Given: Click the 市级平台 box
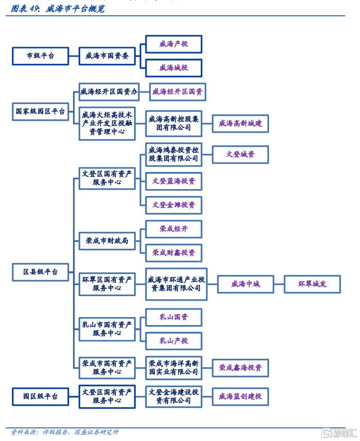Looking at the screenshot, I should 41,56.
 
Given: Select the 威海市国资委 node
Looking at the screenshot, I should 107,56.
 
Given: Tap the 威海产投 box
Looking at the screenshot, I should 174,44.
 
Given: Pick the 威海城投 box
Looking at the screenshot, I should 174,68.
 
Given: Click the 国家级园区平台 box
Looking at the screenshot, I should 41,111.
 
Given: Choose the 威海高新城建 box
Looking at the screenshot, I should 240,123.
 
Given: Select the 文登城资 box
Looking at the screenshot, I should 240,154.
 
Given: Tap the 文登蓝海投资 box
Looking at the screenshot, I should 174,181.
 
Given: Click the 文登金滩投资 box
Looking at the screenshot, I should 174,205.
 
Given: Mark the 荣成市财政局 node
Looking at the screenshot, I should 107,241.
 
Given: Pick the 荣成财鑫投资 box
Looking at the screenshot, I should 174,253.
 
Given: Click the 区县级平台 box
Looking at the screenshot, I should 41,272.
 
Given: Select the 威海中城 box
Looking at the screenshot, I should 245,284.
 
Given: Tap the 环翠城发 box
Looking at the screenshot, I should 312,284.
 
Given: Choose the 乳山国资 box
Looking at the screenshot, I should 174,317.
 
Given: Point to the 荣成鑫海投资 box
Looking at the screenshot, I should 240,367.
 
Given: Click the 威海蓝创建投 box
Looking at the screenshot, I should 240,396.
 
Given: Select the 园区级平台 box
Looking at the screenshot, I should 41,396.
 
